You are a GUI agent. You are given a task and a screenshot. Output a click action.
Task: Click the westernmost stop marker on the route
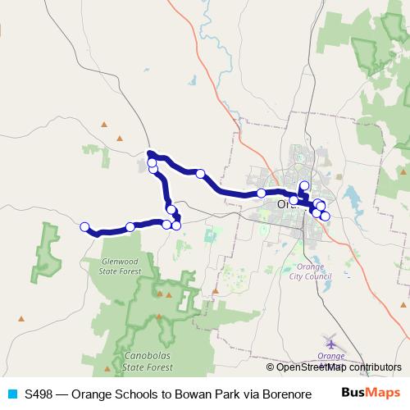point(84,226)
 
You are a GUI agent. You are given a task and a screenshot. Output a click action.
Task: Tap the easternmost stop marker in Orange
point(326,216)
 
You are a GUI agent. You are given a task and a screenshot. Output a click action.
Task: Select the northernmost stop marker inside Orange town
point(304,185)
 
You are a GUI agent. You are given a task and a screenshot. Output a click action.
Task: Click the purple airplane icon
point(330,342)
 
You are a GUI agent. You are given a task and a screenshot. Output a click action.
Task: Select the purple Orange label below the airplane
point(330,356)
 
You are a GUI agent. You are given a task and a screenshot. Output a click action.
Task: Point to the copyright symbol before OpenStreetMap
point(271,367)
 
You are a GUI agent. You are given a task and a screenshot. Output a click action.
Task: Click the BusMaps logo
point(371,393)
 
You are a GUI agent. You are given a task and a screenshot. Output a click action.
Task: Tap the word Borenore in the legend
point(285,393)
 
